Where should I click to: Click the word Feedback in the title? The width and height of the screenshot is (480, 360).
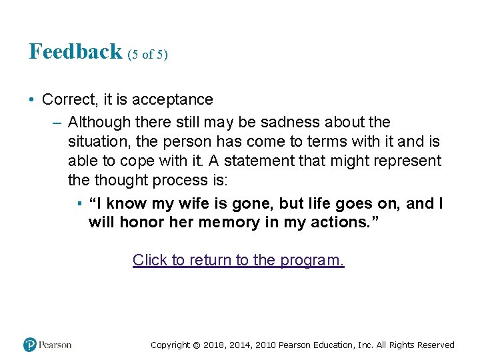(x=75, y=51)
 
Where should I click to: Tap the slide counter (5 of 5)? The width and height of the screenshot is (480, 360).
(x=147, y=55)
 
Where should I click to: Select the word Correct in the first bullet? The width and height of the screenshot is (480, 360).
(x=69, y=100)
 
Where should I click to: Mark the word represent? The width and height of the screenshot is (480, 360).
(x=407, y=161)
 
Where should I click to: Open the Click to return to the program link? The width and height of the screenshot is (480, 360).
(x=239, y=260)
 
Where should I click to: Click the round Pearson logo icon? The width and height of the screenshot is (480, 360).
(x=30, y=345)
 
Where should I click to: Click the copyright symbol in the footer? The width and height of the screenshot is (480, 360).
(x=197, y=345)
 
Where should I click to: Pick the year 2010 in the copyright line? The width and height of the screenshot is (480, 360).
(x=263, y=345)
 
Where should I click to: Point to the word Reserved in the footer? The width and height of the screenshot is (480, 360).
(x=434, y=345)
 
